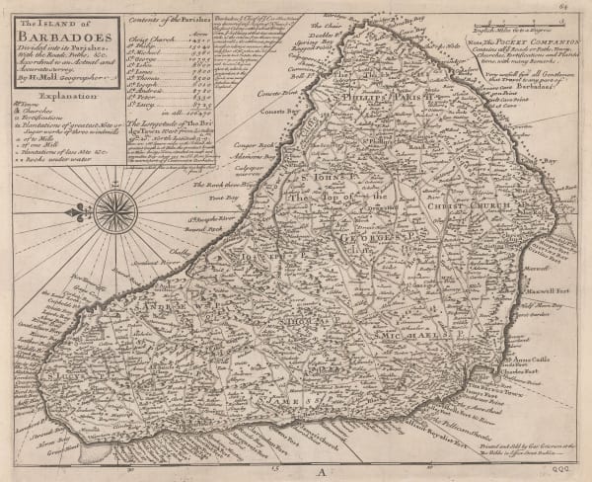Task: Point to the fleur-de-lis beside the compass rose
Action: [77, 211]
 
